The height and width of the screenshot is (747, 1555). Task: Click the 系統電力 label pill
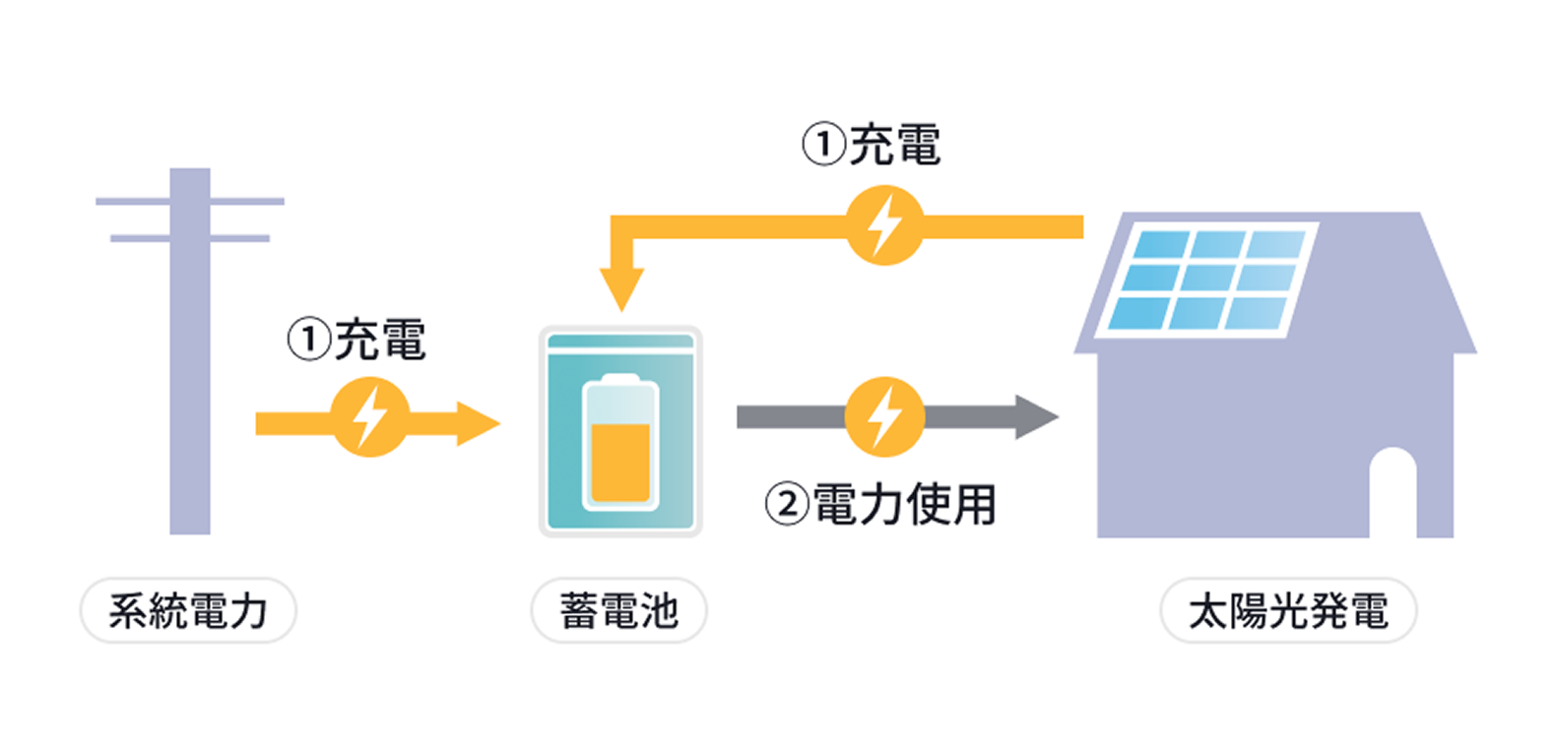(x=187, y=611)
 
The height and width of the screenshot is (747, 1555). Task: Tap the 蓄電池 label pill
(x=618, y=611)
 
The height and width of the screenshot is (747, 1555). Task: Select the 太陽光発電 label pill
(x=1288, y=611)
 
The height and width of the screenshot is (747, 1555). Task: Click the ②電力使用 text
(x=881, y=505)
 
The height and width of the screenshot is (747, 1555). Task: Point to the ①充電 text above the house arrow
(x=871, y=145)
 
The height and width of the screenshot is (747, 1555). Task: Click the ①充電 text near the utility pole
(x=356, y=341)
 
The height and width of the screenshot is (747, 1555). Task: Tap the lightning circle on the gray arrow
(x=884, y=417)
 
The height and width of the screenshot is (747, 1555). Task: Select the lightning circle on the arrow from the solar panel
(x=884, y=226)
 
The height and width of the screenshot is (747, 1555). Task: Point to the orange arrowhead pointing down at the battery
(x=621, y=289)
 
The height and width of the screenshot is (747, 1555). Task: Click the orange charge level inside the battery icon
(x=619, y=463)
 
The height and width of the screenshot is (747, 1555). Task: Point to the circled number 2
(x=786, y=505)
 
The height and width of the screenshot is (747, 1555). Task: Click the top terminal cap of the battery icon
(x=619, y=379)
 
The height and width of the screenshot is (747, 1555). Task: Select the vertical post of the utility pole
(x=190, y=394)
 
